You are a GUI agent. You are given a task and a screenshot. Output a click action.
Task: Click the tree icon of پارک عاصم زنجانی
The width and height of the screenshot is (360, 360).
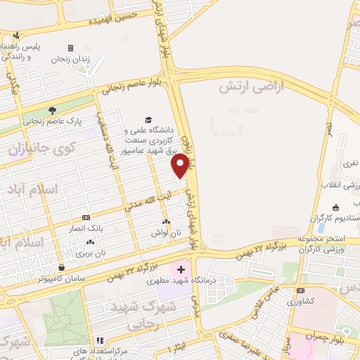pyautogui.click(x=52, y=110)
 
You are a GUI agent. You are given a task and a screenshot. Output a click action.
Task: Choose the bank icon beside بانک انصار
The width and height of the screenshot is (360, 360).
pyautogui.click(x=86, y=218)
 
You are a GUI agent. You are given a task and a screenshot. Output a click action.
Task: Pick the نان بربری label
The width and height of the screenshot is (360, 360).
pyautogui.click(x=91, y=252)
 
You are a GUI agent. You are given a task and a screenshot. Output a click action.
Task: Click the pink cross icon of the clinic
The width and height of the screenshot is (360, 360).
pyautogui.click(x=181, y=269)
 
